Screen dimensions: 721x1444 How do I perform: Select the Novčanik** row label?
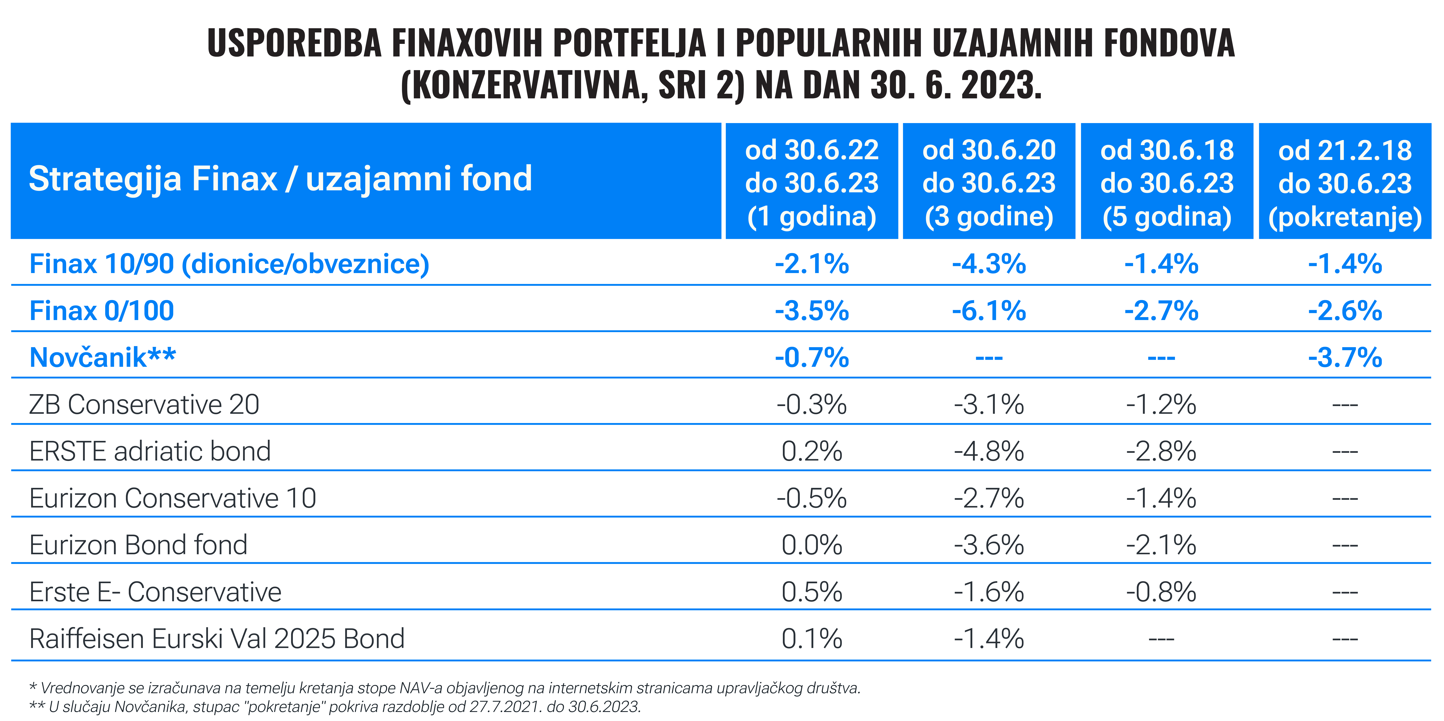[103, 357]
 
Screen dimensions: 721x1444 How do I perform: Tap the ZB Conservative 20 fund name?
[144, 404]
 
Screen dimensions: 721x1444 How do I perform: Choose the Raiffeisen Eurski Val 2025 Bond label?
[217, 639]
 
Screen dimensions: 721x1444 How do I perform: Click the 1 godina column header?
[812, 183]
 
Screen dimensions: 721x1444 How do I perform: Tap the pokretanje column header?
[1345, 183]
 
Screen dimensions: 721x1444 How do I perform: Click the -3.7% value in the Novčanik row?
[1345, 357]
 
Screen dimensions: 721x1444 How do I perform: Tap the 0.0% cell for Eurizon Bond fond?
[812, 545]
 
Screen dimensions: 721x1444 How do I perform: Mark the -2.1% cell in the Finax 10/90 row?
[812, 264]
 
